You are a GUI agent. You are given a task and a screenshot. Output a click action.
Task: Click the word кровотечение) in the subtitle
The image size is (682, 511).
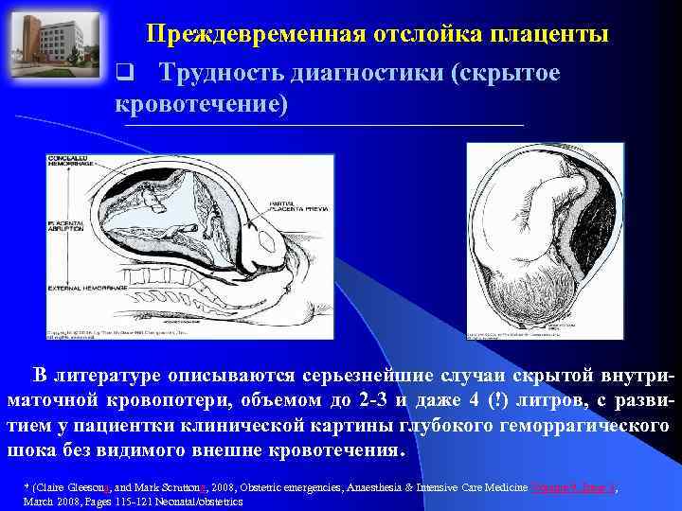point(200,104)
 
